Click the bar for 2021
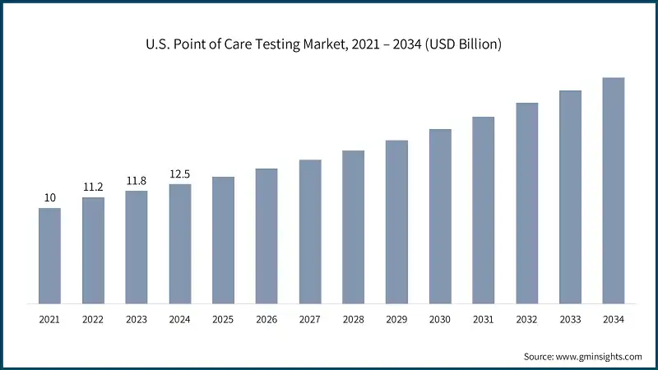(49, 255)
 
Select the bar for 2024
(180, 243)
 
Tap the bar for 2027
(310, 231)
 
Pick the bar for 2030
(440, 215)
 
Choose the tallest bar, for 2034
(614, 190)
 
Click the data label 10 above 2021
(49, 198)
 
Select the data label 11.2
(93, 187)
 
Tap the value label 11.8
(137, 181)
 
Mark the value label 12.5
(180, 173)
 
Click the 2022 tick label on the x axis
(93, 318)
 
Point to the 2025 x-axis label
(223, 318)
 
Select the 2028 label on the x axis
(353, 318)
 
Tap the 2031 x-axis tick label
(484, 318)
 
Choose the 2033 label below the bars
(570, 318)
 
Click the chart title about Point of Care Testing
(329, 44)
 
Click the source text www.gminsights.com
(582, 356)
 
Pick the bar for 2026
(266, 235)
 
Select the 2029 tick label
(396, 318)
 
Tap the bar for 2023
(137, 247)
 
